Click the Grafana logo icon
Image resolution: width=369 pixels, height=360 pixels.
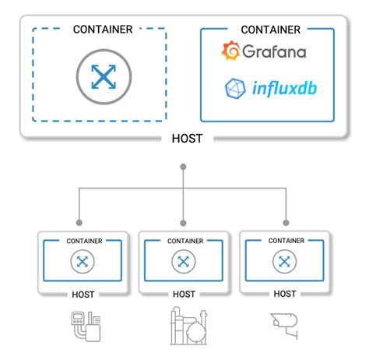coord(230,52)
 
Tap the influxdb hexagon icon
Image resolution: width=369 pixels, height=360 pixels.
coord(234,88)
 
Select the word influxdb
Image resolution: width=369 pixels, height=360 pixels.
coord(282,88)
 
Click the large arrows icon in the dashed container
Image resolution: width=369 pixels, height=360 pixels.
coord(102,76)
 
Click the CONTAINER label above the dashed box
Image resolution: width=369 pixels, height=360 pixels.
coord(102,29)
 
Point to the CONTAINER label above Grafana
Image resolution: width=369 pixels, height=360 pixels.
coord(270,30)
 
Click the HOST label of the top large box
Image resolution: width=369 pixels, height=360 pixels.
coord(184,139)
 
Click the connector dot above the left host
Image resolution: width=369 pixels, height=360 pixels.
coord(79,221)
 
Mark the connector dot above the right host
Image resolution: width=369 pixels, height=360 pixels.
coord(285,221)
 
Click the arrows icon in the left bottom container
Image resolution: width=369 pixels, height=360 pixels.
coord(82,263)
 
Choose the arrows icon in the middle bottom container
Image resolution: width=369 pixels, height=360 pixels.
coord(184,263)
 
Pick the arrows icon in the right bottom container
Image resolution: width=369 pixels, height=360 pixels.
coord(285,263)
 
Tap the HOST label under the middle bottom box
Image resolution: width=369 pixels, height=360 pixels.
coord(184,295)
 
